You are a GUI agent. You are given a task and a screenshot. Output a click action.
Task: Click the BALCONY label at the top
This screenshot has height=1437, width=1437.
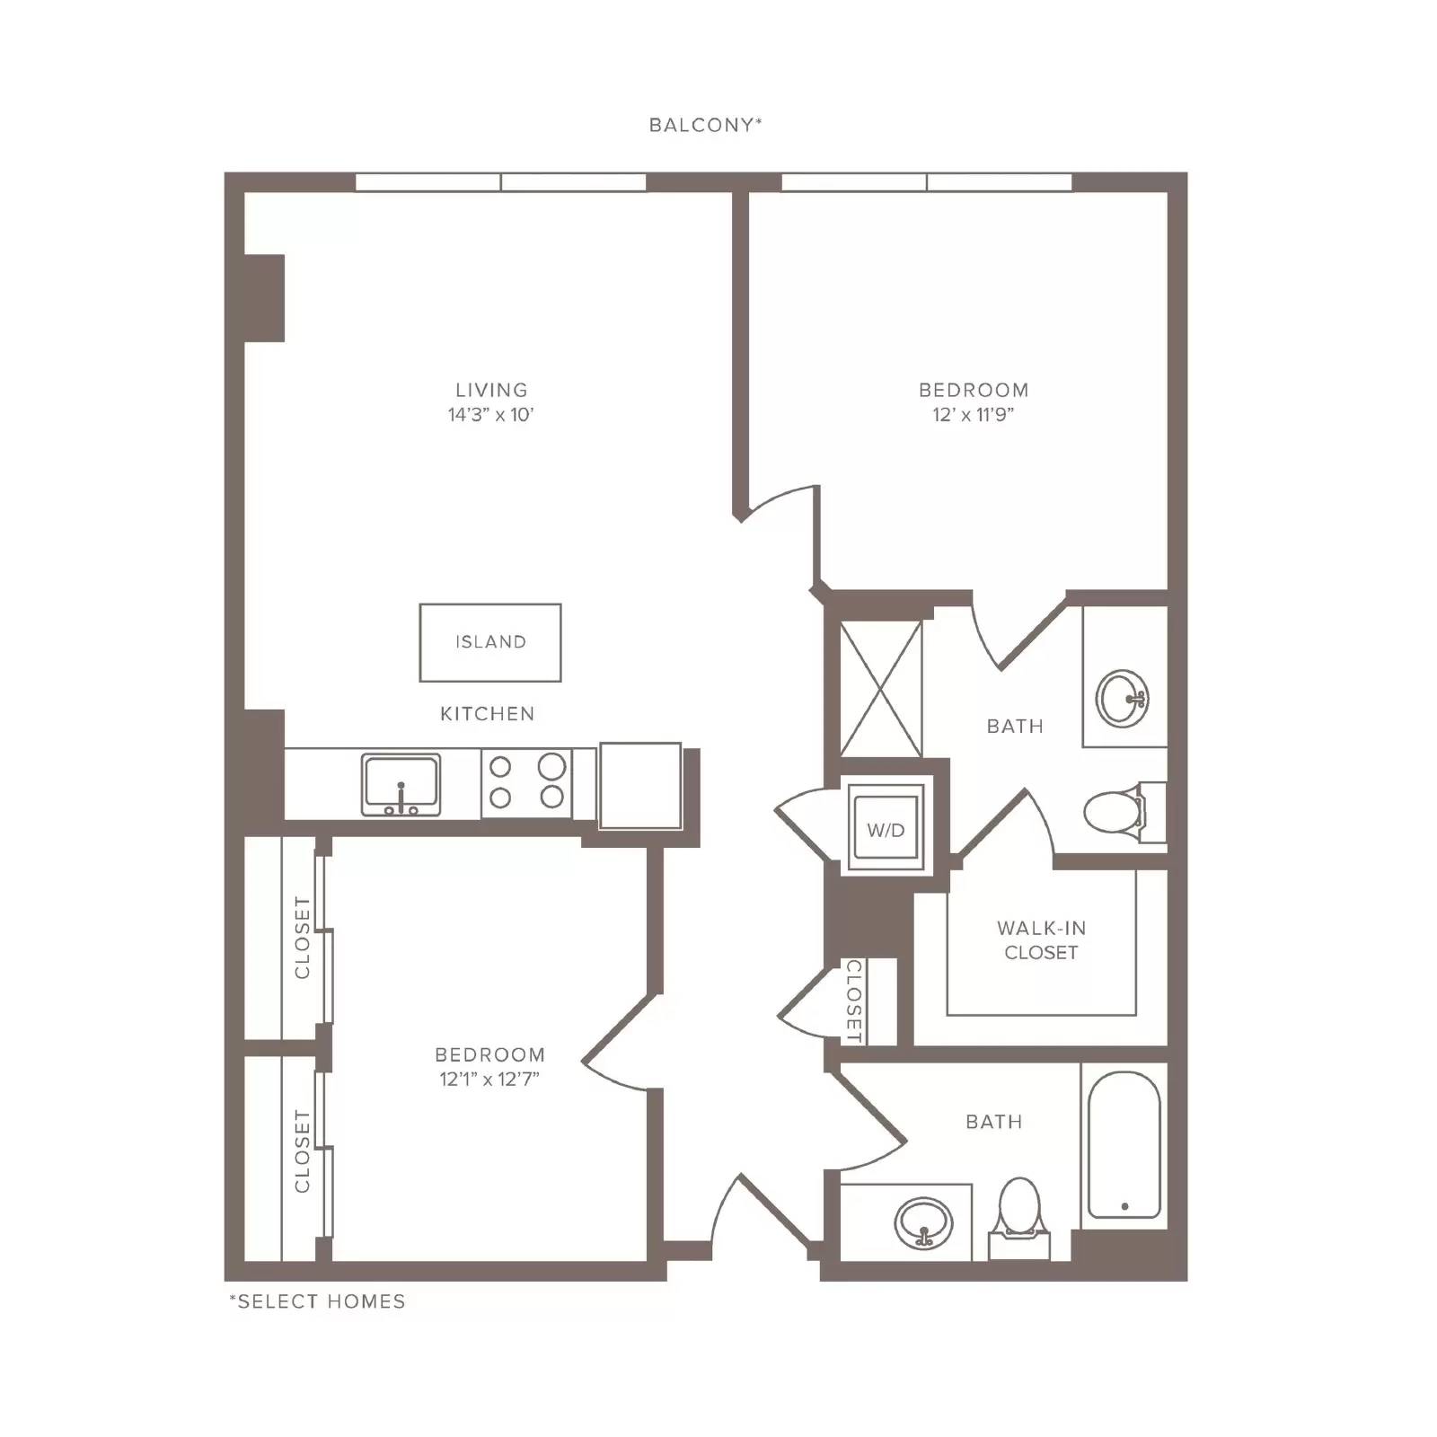[x=705, y=125]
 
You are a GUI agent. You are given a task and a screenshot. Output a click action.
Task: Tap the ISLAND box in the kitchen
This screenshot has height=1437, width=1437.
[x=490, y=642]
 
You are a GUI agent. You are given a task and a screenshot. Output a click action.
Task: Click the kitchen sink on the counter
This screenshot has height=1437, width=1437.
[x=401, y=785]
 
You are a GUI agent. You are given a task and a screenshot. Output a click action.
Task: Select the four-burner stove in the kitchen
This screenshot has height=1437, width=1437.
[x=526, y=782]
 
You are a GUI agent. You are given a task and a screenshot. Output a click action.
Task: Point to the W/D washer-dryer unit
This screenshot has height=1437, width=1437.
[x=886, y=828]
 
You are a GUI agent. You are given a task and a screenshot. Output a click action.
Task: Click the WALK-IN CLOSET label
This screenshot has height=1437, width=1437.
[x=1041, y=940]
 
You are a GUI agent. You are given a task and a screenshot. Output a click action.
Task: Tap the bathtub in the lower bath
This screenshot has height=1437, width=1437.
[x=1124, y=1145]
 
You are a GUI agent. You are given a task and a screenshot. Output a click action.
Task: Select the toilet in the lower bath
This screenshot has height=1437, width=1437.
[x=1019, y=1217]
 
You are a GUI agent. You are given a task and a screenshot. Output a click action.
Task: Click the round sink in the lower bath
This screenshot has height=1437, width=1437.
[x=924, y=1222]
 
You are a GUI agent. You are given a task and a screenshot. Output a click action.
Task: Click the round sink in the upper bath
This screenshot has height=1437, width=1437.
[x=1123, y=698]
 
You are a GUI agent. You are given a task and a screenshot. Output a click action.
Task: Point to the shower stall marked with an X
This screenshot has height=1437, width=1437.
[x=880, y=689]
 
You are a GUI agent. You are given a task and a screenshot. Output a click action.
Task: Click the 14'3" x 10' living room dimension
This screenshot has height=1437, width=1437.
[x=491, y=415]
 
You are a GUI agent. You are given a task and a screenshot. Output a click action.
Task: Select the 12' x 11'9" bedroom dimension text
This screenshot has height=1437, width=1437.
[x=974, y=415]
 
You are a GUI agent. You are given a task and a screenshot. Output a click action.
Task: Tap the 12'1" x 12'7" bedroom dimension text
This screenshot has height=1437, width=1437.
[x=489, y=1079]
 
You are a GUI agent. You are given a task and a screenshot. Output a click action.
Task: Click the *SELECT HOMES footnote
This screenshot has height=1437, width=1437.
[x=317, y=1301]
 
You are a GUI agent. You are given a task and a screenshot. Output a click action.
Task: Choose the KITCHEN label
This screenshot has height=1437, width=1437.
[x=487, y=714]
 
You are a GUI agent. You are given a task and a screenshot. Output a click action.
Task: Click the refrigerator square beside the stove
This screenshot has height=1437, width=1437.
[x=640, y=785]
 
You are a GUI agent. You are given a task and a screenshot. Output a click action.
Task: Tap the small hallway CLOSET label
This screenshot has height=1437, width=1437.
[x=854, y=1001]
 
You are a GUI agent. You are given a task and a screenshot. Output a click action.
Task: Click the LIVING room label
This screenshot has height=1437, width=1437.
[x=491, y=390]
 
